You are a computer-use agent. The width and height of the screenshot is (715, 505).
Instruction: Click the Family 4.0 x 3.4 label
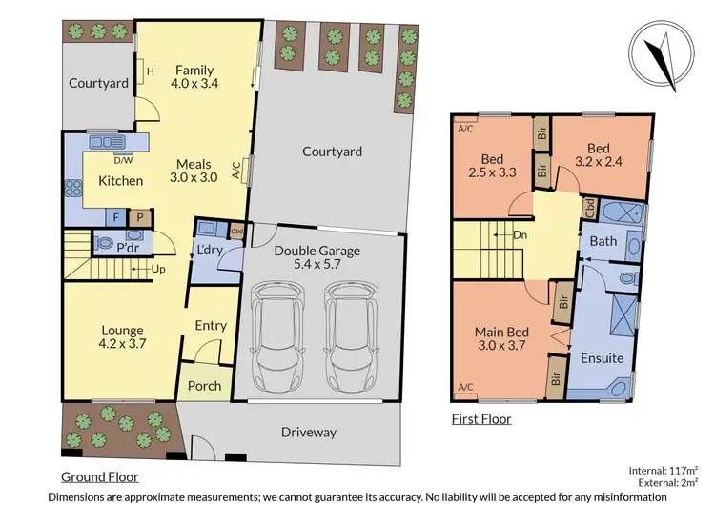point(194,77)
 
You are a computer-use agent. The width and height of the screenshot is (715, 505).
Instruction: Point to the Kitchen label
point(122,181)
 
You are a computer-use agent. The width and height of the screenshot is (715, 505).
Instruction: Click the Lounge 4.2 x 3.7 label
point(122,338)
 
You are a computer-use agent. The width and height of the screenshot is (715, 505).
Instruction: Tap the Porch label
point(204,386)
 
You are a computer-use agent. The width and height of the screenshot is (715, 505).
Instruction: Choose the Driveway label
point(309,433)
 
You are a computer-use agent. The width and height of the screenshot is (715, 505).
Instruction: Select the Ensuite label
point(603,358)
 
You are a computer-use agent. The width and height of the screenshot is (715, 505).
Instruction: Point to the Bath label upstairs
point(603,241)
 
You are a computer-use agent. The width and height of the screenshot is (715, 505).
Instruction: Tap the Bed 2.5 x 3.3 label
point(491,166)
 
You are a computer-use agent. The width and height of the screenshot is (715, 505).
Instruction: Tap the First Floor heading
point(480,418)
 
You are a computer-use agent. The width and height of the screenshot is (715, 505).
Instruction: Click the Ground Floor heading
point(100,476)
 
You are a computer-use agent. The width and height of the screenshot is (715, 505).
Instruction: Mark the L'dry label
point(209,250)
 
